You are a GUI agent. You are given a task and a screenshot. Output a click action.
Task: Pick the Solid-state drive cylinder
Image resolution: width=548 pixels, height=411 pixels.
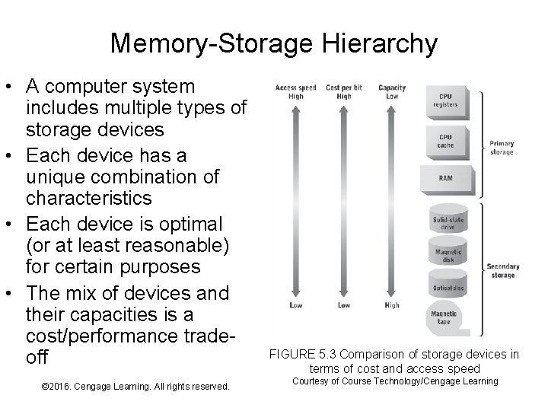pyautogui.click(x=448, y=221)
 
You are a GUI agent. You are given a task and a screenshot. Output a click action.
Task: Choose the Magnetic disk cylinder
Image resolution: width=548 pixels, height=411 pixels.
pyautogui.click(x=448, y=255)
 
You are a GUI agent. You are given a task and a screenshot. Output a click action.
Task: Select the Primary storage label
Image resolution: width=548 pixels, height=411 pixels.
pyautogui.click(x=502, y=148)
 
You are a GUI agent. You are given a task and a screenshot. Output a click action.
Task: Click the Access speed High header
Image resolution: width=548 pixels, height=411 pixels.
pyautogui.click(x=296, y=91)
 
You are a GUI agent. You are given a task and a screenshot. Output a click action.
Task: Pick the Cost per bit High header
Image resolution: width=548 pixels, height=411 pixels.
pyautogui.click(x=343, y=91)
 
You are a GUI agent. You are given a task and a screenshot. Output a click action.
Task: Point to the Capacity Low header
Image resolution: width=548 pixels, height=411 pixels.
pyautogui.click(x=391, y=91)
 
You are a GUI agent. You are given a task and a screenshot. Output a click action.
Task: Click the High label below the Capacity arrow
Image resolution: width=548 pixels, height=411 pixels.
pyautogui.click(x=391, y=305)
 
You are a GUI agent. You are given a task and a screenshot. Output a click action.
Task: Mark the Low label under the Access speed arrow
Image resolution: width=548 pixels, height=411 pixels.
pyautogui.click(x=296, y=305)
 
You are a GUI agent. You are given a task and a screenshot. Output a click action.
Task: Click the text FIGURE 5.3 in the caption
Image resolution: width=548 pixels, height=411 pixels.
pyautogui.click(x=301, y=354)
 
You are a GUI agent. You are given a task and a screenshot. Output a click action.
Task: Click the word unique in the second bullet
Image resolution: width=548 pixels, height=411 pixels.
pyautogui.click(x=58, y=178)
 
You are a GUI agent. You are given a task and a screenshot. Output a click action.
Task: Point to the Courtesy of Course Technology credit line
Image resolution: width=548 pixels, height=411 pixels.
pyautogui.click(x=395, y=381)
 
